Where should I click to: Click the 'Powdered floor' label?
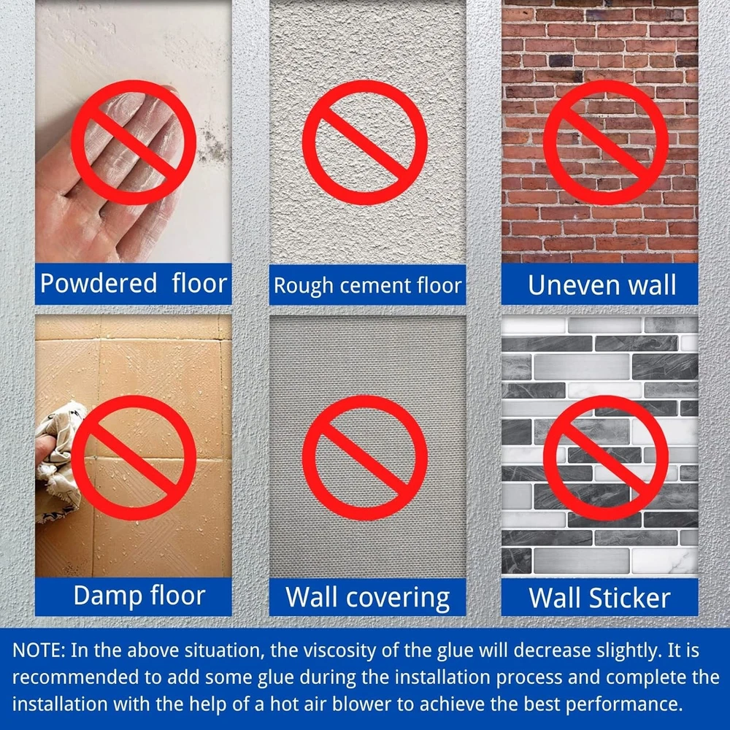click(134, 283)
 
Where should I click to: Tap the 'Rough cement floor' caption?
click(367, 285)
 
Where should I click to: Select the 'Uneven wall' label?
click(602, 285)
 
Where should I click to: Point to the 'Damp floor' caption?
click(139, 596)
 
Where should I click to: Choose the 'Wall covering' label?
click(367, 598)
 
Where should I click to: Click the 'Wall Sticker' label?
click(599, 598)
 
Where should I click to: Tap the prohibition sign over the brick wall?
click(606, 142)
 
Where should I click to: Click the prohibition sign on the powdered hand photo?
click(134, 142)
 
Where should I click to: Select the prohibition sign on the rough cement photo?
click(365, 142)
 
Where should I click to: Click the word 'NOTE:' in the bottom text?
click(39, 650)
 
